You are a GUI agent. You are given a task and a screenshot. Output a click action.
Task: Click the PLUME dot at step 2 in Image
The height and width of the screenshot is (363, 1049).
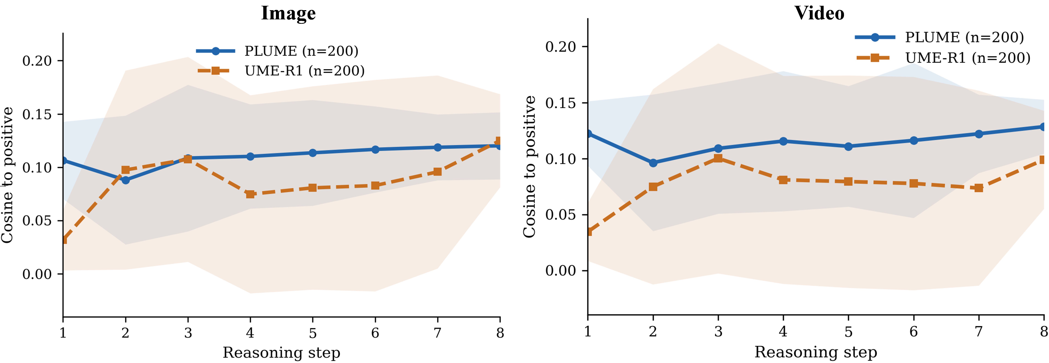[125, 180]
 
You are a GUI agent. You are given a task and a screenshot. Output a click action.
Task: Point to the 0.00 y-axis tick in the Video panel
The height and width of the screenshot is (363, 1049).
[561, 270]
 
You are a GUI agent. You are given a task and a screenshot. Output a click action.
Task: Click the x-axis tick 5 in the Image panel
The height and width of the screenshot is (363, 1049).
[313, 333]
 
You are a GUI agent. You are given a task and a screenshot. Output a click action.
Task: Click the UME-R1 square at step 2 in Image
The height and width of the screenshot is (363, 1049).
[125, 170]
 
